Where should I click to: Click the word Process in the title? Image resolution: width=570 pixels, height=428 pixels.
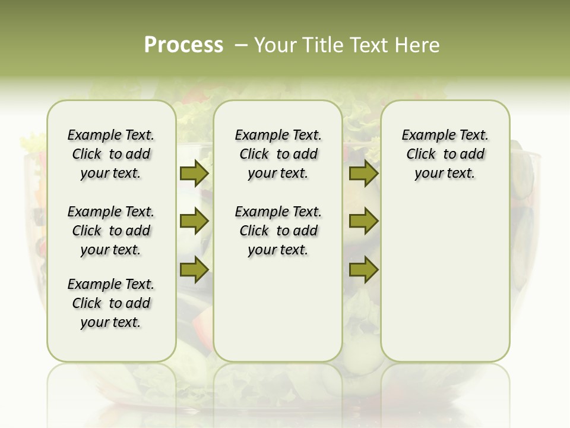183,45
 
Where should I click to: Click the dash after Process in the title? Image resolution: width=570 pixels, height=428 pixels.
240,46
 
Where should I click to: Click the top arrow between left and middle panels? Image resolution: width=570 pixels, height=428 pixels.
194,174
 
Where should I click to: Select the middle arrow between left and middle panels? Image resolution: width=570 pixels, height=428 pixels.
194,221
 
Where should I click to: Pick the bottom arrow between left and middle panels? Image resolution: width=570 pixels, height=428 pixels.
194,269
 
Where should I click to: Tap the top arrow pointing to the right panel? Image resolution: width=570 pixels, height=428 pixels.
363,174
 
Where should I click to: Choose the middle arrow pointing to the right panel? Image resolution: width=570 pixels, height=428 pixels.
363,221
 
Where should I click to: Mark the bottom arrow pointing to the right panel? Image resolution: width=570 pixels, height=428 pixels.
363,269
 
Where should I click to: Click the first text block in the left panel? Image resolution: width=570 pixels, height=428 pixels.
111,154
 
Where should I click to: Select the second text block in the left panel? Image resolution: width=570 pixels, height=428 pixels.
111,231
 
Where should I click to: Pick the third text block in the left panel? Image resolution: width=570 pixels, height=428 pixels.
111,303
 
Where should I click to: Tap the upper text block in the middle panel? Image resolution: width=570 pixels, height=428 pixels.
278,154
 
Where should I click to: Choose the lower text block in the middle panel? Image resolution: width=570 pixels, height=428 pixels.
278,231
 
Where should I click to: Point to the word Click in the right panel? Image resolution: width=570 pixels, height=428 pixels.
421,155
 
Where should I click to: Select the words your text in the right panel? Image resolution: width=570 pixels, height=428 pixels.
445,174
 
